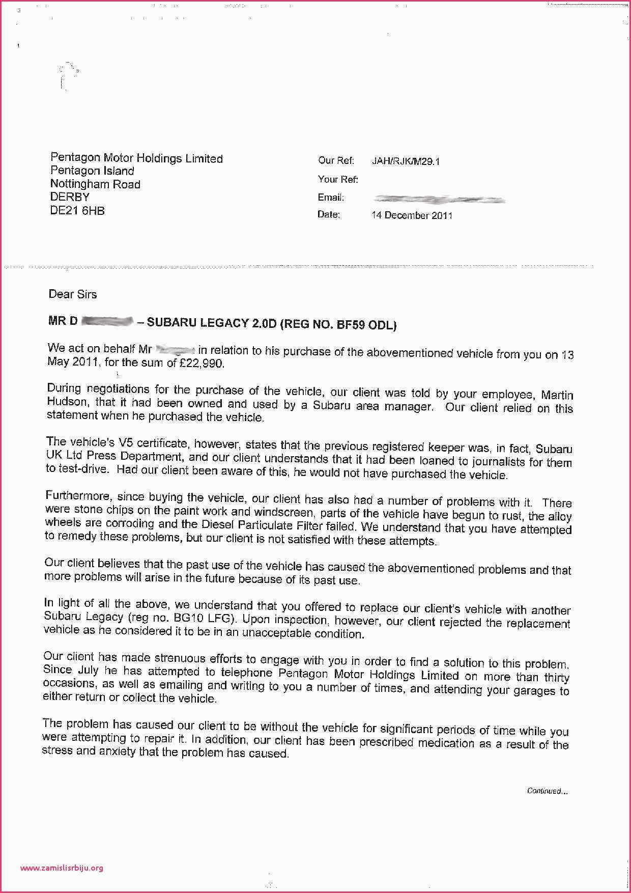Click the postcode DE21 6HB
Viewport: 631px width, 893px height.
pos(77,211)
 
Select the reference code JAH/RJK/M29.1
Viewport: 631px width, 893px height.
pos(406,162)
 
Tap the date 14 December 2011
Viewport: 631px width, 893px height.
pos(412,215)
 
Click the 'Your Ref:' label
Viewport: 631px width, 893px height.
pos(338,179)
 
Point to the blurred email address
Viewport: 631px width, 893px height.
pos(438,199)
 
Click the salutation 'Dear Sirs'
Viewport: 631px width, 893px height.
pos(72,294)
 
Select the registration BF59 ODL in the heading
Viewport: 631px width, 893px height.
pos(366,325)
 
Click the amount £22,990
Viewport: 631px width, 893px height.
pos(202,364)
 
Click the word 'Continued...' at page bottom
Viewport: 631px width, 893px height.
pos(547,791)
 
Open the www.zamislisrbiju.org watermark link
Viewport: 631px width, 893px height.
pos(62,868)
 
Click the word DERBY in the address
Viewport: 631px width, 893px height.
pos(70,198)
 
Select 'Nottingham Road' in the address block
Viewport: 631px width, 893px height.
pos(95,184)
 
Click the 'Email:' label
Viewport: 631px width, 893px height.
pos(331,197)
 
